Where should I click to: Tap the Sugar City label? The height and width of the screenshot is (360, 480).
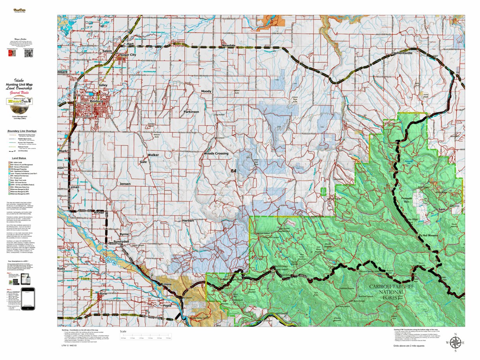pos(128,55)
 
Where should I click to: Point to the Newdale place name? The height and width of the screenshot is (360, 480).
pos(229,46)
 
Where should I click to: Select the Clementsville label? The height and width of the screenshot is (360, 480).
pos(401,53)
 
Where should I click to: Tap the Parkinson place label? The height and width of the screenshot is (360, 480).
pos(191,112)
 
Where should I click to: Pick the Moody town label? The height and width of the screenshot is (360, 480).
pos(206,91)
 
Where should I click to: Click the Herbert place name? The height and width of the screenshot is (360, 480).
pos(188,221)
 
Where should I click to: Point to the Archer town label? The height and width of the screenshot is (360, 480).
pos(99,212)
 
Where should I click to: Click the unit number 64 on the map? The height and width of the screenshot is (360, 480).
pos(234,171)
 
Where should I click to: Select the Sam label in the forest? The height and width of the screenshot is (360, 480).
pos(442,210)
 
